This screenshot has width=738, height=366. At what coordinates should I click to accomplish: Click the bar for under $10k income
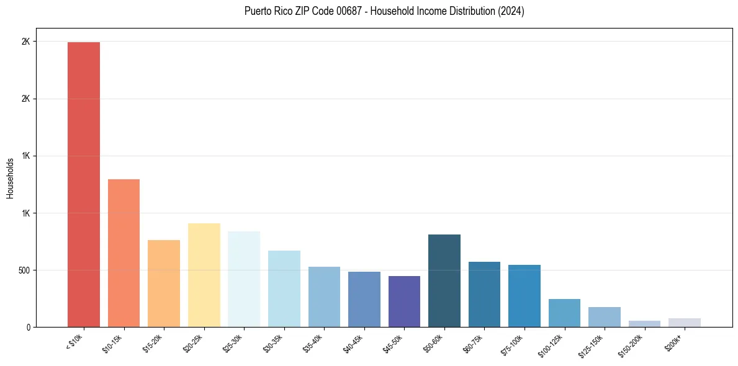84,184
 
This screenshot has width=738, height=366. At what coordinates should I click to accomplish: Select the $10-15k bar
124,253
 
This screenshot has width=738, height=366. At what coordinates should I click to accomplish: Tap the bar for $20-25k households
204,275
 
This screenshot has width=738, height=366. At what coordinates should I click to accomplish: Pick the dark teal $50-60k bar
444,280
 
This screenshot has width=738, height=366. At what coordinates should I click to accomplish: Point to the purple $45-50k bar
404,301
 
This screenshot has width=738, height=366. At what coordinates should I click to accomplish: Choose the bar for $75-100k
524,296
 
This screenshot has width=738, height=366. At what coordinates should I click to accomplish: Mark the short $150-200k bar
644,324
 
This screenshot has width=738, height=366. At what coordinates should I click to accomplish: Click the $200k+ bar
685,323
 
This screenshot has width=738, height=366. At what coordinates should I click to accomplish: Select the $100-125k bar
564,313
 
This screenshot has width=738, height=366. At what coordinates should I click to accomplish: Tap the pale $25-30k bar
244,279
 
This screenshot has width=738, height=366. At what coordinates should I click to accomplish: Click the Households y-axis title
10,178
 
